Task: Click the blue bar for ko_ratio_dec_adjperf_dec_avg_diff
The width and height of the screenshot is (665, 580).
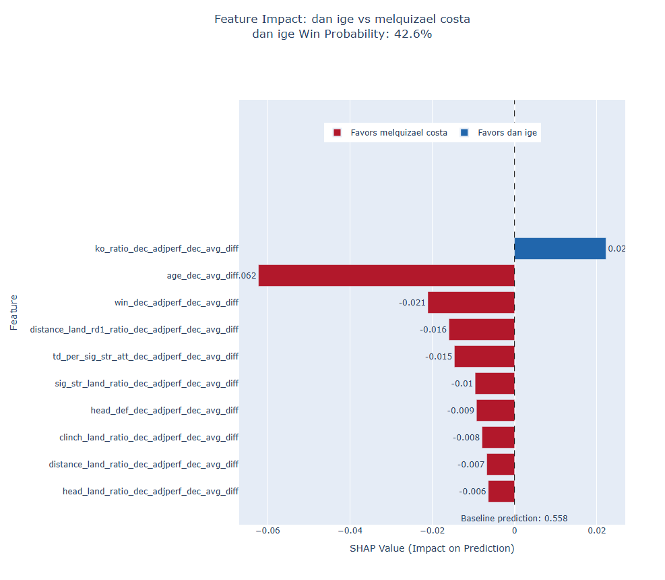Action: (x=560, y=248)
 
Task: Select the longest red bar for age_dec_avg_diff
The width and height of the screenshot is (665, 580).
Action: (x=386, y=275)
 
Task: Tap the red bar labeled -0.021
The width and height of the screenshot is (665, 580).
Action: (x=471, y=302)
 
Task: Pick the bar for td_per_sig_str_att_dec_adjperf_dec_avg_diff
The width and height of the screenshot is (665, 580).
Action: (x=484, y=356)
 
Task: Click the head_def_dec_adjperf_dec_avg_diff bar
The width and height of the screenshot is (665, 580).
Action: (x=495, y=410)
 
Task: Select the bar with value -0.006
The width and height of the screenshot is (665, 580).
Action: (x=501, y=491)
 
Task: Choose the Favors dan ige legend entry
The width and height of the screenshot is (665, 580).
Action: (x=500, y=133)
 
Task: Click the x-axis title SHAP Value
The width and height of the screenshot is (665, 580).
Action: (x=432, y=548)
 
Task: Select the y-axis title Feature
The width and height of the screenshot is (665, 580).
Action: (x=13, y=312)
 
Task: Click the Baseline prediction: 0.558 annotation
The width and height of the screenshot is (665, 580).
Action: (x=514, y=519)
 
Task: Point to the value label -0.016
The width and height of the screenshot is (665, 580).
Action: (x=433, y=329)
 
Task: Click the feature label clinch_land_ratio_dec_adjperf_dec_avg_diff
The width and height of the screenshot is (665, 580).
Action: (x=149, y=437)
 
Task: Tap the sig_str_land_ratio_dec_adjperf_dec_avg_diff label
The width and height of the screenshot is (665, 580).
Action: (x=147, y=383)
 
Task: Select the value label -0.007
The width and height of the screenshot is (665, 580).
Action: (x=471, y=464)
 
